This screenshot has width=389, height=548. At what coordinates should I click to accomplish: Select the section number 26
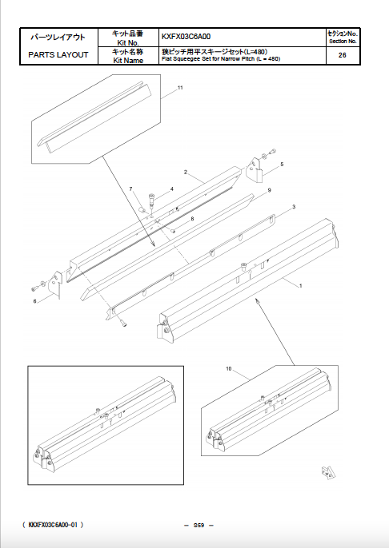coord(342,55)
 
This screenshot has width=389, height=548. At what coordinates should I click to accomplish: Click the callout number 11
coord(180,87)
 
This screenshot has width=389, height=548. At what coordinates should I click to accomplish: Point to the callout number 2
coord(186,173)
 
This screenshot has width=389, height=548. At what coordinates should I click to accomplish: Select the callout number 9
coord(270,190)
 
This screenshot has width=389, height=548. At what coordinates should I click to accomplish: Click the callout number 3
coord(294,207)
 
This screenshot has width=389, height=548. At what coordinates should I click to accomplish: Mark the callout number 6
coord(35,301)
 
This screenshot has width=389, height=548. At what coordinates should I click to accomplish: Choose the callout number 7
coord(131,188)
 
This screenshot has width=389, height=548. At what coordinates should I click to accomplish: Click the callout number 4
coord(171,189)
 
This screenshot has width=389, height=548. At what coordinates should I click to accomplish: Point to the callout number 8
coord(192,218)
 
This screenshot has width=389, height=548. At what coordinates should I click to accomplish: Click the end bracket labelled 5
coord(255,173)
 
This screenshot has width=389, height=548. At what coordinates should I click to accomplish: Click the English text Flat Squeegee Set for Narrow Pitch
coord(220,59)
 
